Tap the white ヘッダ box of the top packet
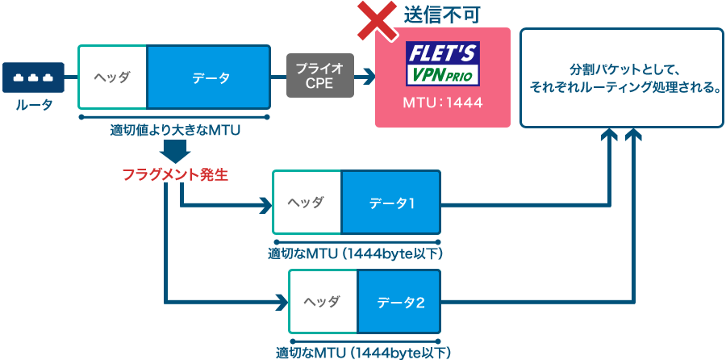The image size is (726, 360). tap(113, 77)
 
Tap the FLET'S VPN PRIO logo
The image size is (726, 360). tap(442, 64)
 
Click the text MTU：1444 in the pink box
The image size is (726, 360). tap(442, 104)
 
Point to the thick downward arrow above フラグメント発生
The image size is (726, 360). tap(175, 150)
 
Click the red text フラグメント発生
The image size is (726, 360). tap(175, 173)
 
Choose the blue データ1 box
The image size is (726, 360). tap(392, 203)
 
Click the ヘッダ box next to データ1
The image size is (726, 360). tap(307, 203)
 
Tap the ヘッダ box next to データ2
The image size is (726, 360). tap(323, 302)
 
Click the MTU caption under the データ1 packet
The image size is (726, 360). tap(356, 253)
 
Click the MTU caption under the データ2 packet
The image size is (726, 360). tap(364, 353)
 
